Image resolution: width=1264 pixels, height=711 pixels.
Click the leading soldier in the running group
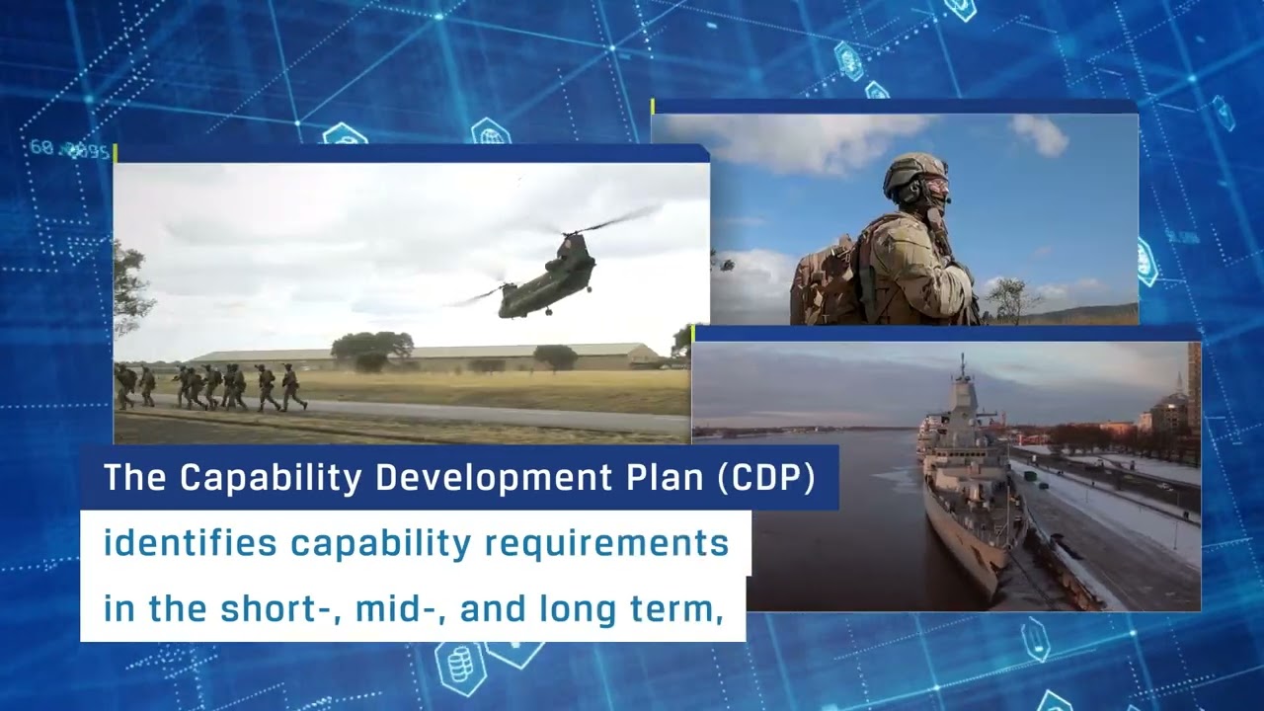point(292,387)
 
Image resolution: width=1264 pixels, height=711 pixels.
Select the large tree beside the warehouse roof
point(372,346)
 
